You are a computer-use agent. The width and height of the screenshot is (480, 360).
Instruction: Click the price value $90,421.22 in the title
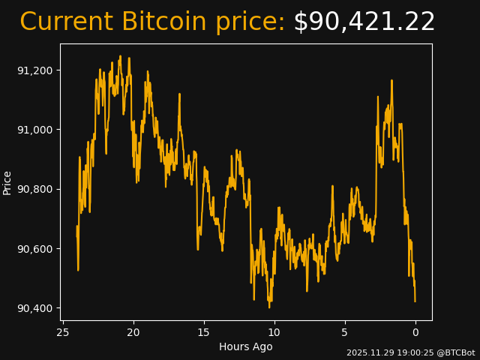364,22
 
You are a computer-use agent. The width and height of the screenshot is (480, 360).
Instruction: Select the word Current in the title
66,22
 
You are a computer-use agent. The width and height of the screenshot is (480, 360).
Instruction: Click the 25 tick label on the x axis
63,332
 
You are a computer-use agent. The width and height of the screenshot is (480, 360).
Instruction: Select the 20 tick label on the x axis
133,332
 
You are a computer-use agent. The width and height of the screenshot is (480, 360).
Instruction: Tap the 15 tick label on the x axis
204,332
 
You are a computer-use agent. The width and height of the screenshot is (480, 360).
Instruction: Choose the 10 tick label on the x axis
274,332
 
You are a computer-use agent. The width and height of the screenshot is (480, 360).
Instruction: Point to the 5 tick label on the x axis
345,332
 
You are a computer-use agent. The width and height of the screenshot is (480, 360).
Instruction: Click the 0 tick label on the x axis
415,332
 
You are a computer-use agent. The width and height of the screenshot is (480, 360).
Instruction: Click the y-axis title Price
7,182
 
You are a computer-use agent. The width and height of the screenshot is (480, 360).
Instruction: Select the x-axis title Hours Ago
246,346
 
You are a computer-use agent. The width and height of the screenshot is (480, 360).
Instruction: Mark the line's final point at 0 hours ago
415,301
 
